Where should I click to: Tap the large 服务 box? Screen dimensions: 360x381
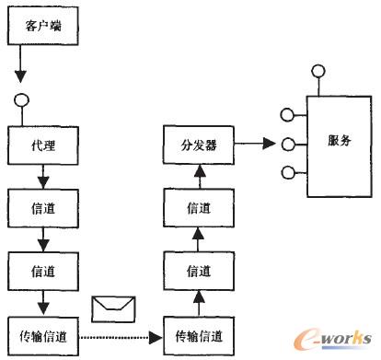(x=338, y=144)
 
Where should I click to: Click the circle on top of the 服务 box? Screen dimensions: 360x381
(x=318, y=71)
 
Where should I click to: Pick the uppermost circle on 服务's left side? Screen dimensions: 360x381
(x=289, y=117)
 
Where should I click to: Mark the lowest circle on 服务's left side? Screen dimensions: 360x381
(x=289, y=172)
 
